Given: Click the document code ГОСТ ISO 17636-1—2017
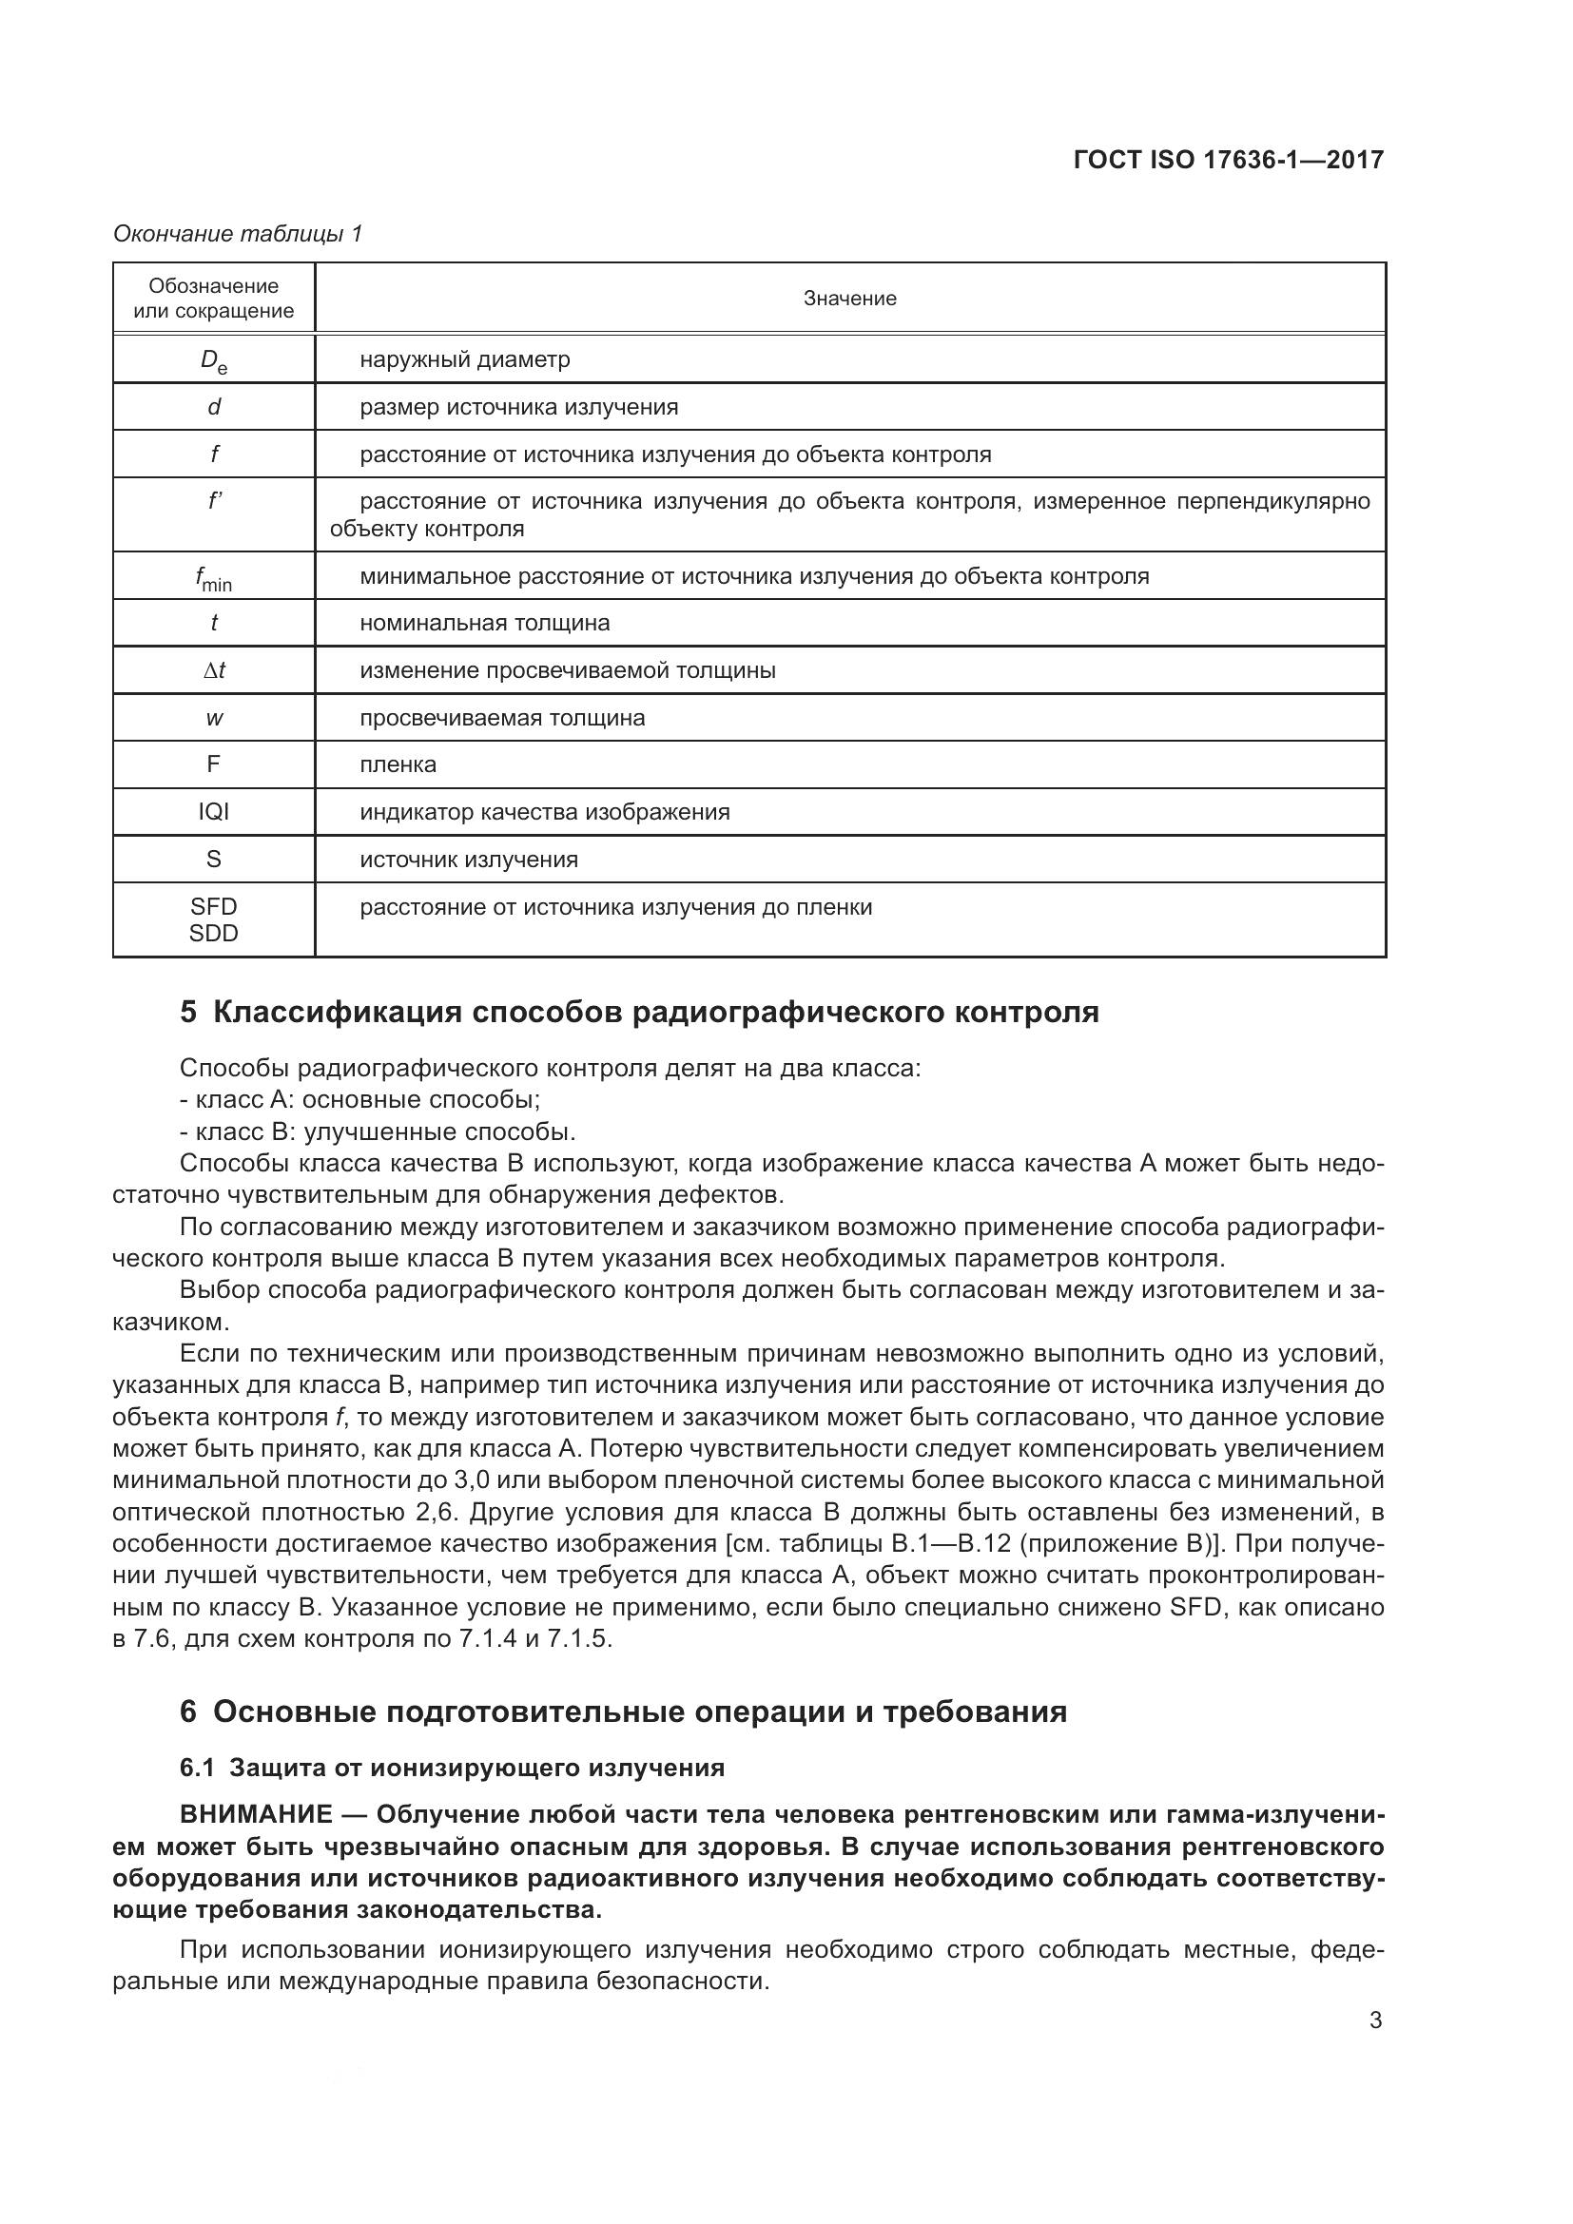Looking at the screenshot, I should [1228, 160].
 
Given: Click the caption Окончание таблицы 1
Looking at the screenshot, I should [238, 234].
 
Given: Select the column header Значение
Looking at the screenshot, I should [849, 299].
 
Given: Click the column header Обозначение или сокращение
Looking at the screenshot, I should [213, 299].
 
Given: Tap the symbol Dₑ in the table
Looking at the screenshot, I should [213, 360].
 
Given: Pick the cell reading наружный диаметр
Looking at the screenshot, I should [465, 359].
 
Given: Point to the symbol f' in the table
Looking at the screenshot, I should [214, 502].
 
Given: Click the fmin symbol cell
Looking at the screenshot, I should [213, 578].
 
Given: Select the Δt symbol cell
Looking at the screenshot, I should [213, 670].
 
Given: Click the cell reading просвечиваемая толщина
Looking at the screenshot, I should [502, 718].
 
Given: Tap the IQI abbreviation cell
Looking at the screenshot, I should [213, 812].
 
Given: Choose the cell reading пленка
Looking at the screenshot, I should [398, 764].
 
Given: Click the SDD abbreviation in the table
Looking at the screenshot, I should [213, 933].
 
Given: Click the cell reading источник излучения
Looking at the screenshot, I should [469, 860].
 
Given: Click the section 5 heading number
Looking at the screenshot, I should [188, 1013].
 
